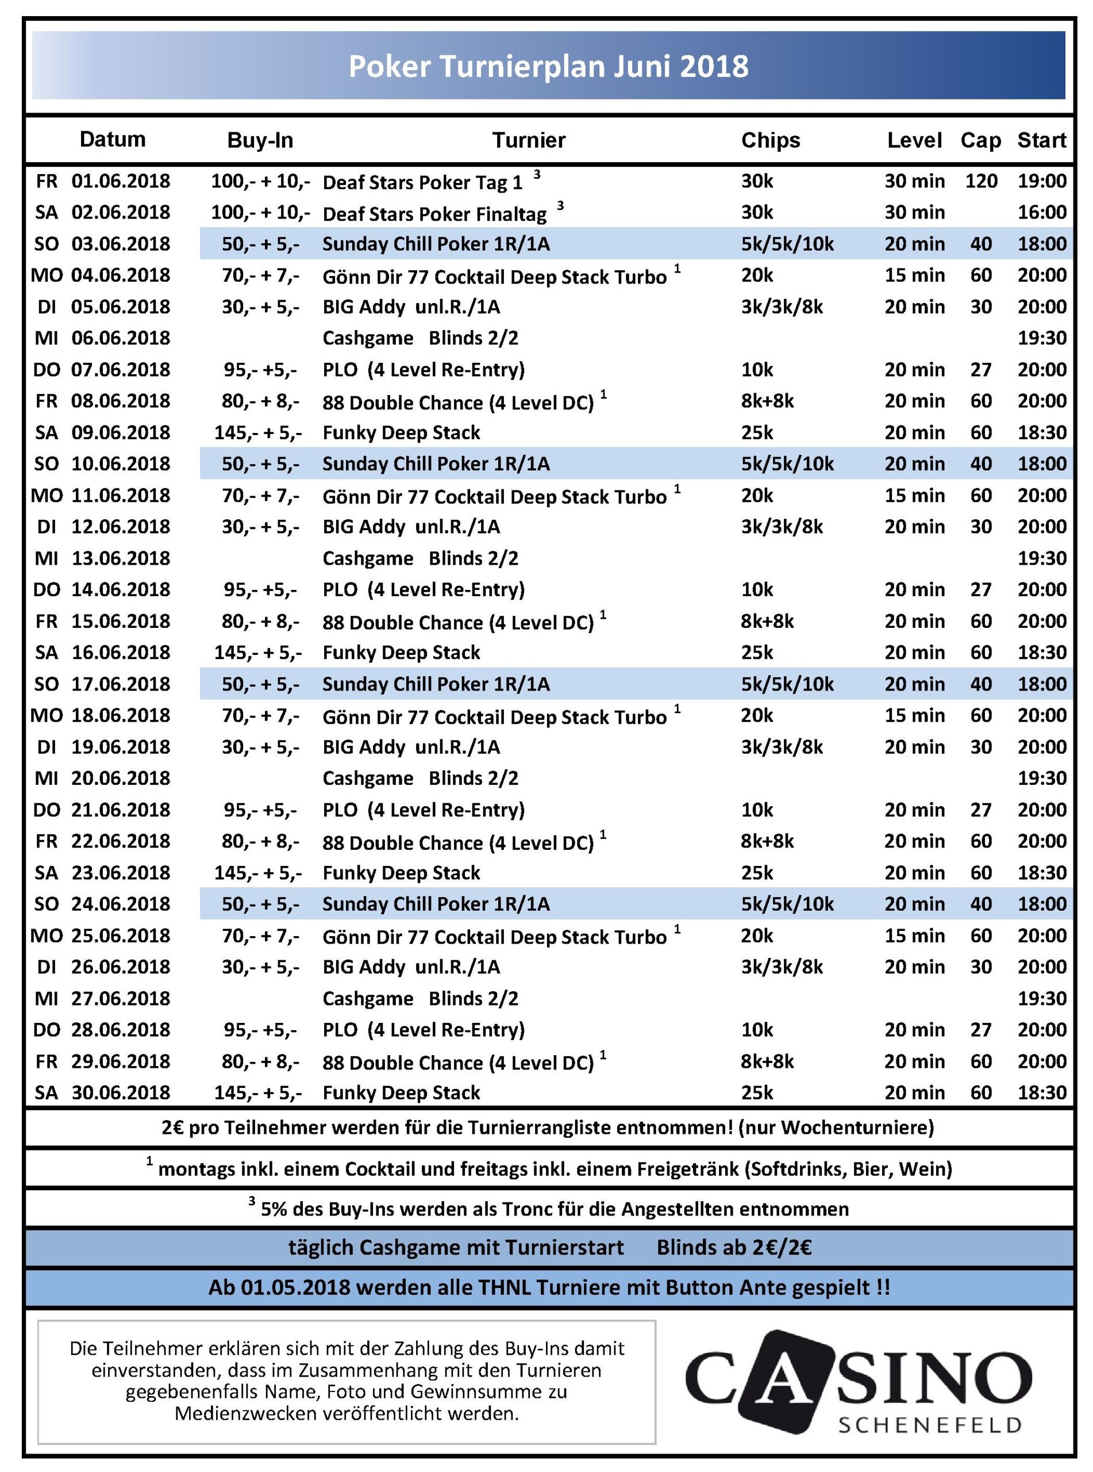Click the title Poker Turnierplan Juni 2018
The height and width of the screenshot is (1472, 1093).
click(548, 66)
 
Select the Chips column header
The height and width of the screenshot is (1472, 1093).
click(770, 140)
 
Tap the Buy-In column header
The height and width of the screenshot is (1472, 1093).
click(260, 140)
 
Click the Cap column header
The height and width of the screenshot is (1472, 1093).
click(980, 140)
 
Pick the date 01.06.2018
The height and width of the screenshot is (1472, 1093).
click(121, 181)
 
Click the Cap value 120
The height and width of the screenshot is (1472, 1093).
click(980, 181)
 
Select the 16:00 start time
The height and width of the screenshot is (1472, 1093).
click(1041, 212)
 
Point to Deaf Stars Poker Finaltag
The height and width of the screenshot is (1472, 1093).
click(434, 214)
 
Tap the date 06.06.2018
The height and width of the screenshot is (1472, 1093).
click(121, 338)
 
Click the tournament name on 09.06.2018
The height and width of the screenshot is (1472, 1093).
click(401, 433)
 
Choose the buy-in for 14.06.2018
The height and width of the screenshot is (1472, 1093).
click(260, 590)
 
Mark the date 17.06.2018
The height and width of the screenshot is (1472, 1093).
click(121, 684)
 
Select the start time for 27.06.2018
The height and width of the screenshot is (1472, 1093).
click(1041, 999)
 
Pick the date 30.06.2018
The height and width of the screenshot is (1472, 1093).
click(121, 1092)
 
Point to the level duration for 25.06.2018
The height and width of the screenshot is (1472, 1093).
click(914, 936)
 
